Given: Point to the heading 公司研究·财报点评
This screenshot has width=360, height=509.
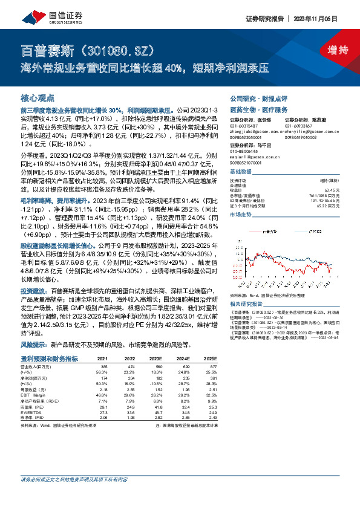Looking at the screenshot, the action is point(257,98).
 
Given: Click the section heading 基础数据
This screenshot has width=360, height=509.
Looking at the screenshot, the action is point(241,172).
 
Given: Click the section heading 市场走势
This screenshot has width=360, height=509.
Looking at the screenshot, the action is point(241,215).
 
